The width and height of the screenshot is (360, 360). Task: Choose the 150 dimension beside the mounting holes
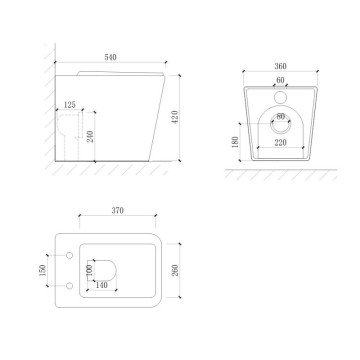[41, 272]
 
